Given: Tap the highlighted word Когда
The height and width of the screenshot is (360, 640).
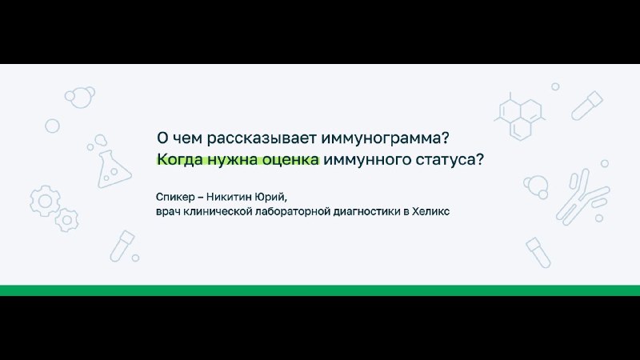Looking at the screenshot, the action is point(179,159).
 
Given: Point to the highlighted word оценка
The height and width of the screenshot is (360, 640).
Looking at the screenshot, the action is point(290,159).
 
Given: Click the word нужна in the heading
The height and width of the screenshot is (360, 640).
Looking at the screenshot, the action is point(232,159).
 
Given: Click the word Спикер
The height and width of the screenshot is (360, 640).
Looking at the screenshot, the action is point(175,197).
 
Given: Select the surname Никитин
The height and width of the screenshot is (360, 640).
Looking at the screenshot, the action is point(229,197).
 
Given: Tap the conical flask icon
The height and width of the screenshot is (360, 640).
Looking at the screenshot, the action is point(113,169).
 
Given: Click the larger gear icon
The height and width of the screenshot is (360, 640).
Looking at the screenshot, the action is point(45,201).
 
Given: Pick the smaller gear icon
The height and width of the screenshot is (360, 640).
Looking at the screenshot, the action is point(67,221).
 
